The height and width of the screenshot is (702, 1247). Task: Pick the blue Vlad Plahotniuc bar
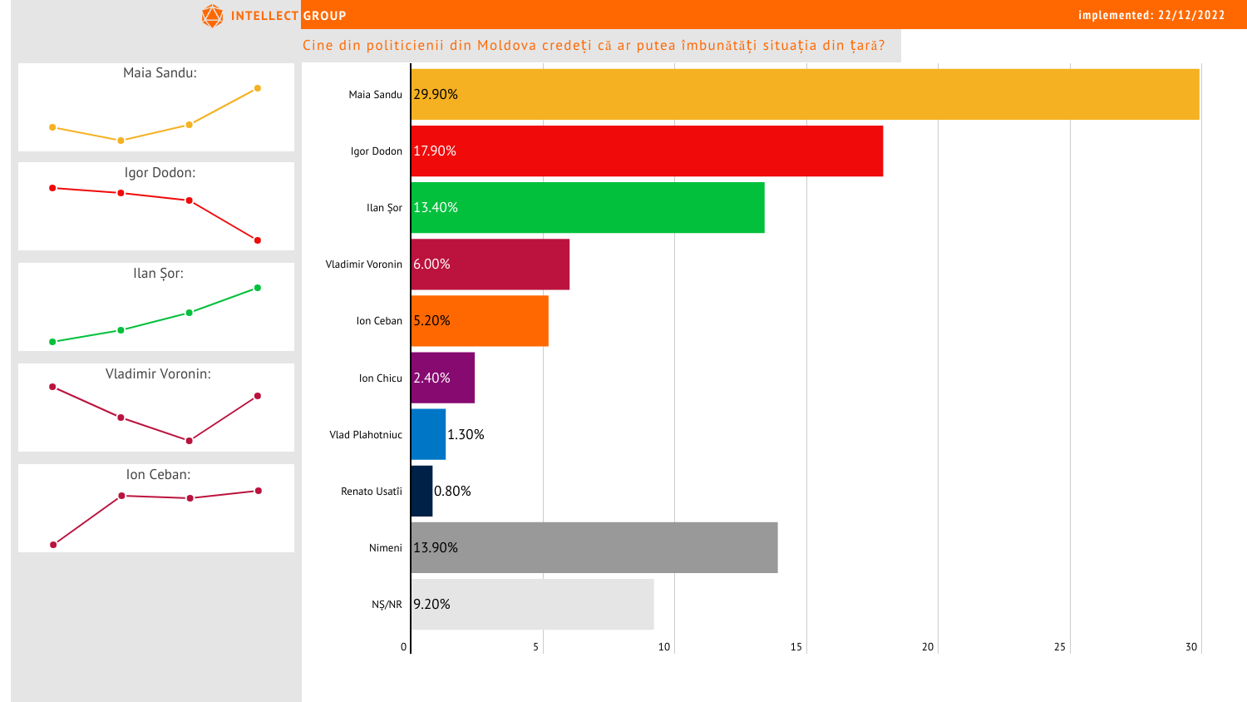pyautogui.click(x=428, y=434)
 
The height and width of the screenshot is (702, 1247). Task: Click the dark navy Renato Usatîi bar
pyautogui.click(x=421, y=491)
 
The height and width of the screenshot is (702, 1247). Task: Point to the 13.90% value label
pyautogui.click(x=436, y=547)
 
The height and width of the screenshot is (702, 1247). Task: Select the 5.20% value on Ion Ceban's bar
pyautogui.click(x=432, y=320)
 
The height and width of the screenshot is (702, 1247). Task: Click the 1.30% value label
pyautogui.click(x=466, y=434)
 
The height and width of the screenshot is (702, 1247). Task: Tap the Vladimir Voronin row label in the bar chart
pyautogui.click(x=364, y=264)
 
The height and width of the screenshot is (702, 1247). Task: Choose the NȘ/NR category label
pyautogui.click(x=387, y=605)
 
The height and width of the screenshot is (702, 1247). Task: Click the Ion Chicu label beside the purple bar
pyautogui.click(x=381, y=378)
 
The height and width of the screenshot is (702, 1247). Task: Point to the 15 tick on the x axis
pyautogui.click(x=796, y=647)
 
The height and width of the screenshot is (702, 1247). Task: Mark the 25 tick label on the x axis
pyautogui.click(x=1060, y=647)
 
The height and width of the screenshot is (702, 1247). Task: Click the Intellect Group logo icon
pyautogui.click(x=213, y=16)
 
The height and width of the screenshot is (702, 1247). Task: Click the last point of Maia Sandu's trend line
pyautogui.click(x=258, y=88)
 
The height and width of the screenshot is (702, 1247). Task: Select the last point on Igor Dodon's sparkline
pyautogui.click(x=258, y=240)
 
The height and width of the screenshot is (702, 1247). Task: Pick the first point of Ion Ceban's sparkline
pyautogui.click(x=53, y=545)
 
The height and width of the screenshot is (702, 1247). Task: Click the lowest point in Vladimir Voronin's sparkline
pyautogui.click(x=190, y=441)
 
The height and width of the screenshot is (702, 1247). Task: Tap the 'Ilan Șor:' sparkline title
pyautogui.click(x=158, y=273)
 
